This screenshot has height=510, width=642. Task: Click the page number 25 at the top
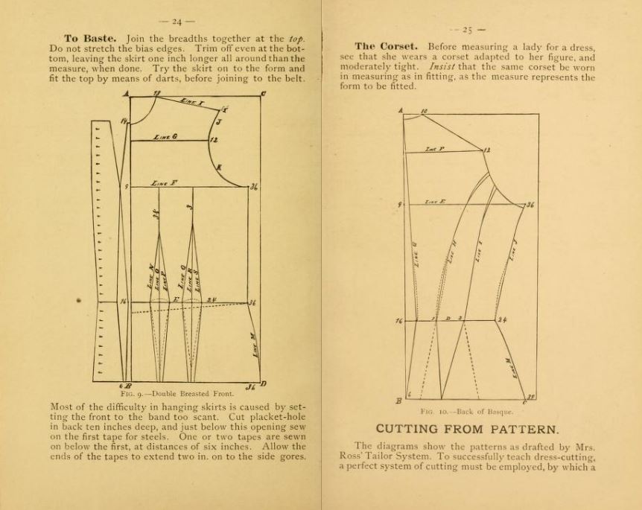pos(467,30)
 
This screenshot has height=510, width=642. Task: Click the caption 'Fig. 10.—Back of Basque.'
pos(467,410)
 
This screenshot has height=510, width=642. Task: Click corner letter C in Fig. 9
pos(263,94)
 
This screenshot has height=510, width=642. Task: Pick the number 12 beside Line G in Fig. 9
pos(214,139)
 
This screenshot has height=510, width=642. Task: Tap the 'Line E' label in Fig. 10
pos(436,202)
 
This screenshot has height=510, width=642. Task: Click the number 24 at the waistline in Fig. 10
pos(503,320)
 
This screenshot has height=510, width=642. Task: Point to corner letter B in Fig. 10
pos(400,400)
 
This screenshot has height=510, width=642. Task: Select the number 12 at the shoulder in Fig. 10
pos(487,150)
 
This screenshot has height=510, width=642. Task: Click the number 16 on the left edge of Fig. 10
pos(398,320)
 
